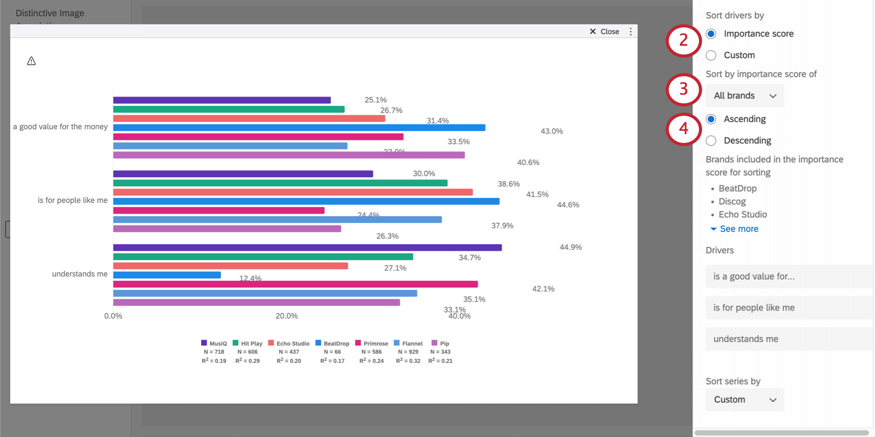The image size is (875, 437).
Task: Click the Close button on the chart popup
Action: pyautogui.click(x=604, y=31)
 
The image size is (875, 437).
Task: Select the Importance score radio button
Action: pyautogui.click(x=711, y=34)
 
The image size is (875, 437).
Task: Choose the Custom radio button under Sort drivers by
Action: pyautogui.click(x=711, y=55)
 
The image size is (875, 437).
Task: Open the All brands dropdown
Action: pyautogui.click(x=744, y=96)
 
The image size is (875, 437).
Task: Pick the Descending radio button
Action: pyautogui.click(x=711, y=140)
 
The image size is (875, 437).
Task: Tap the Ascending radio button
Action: pyautogui.click(x=711, y=119)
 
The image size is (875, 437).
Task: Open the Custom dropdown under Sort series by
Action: pyautogui.click(x=744, y=399)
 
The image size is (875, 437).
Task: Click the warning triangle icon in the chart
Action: pyautogui.click(x=31, y=61)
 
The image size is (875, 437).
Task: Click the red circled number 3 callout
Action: pyautogui.click(x=684, y=89)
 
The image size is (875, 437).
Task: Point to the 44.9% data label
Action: pyautogui.click(x=570, y=247)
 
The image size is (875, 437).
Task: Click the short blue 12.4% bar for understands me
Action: pyautogui.click(x=167, y=275)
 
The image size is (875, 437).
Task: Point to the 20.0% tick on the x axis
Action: pyautogui.click(x=287, y=316)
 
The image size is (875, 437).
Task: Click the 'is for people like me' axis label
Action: pyautogui.click(x=73, y=200)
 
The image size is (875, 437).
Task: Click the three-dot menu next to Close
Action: pyautogui.click(x=631, y=31)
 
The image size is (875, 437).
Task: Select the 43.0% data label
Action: pyautogui.click(x=551, y=131)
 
